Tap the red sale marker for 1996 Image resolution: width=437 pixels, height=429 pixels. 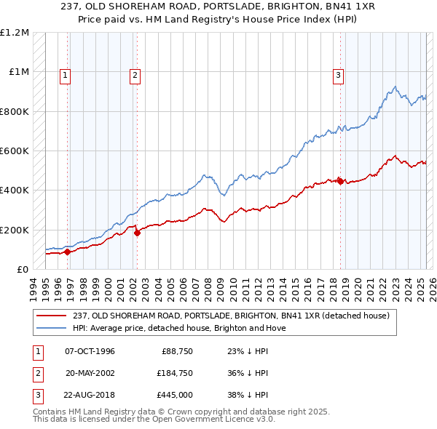[67, 252]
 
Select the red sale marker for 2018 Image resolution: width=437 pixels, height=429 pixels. [340, 181]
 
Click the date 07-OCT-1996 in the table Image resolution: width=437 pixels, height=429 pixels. [90, 352]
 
